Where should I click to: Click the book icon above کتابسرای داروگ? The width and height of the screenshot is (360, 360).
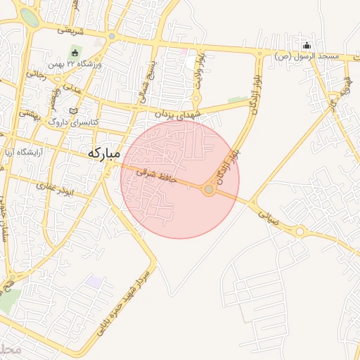(x=74, y=110)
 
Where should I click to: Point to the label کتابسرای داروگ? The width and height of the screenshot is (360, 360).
(x=73, y=122)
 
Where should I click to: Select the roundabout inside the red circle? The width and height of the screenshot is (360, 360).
(x=209, y=189)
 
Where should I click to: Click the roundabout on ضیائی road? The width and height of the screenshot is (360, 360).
(x=300, y=231)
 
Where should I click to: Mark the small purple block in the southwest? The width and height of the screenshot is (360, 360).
(x=92, y=281)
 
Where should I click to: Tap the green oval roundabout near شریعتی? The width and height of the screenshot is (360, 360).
(x=29, y=18)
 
